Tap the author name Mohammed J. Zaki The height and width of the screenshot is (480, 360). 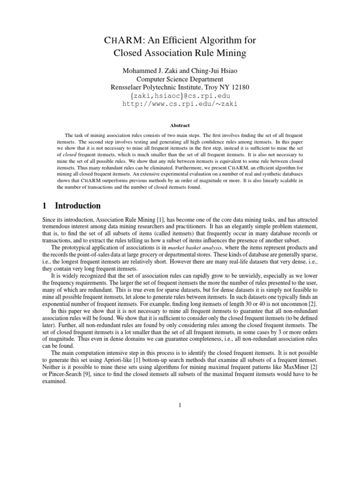click(150, 70)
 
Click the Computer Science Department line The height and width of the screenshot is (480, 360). click(180, 79)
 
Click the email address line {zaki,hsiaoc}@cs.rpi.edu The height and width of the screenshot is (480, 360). click(180, 96)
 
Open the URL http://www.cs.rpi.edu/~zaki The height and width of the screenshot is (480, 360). click(180, 104)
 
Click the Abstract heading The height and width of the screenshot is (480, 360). click(180, 126)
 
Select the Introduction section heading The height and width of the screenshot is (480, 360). click(78, 206)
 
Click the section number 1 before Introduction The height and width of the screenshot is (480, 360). click(44, 206)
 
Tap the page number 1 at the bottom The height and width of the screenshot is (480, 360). click(180, 405)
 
